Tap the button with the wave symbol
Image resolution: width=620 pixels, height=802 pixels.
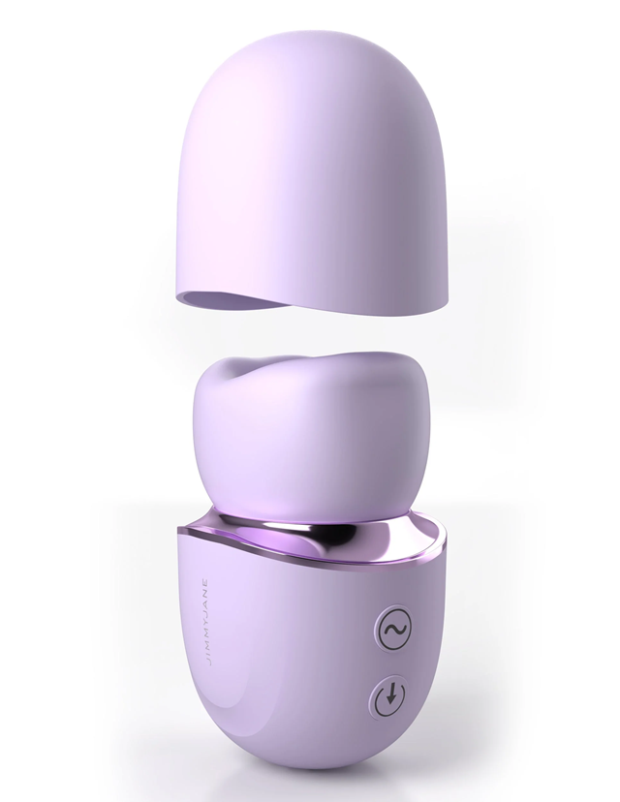(x=391, y=630)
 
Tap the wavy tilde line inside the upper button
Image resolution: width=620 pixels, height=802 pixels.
(x=391, y=630)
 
